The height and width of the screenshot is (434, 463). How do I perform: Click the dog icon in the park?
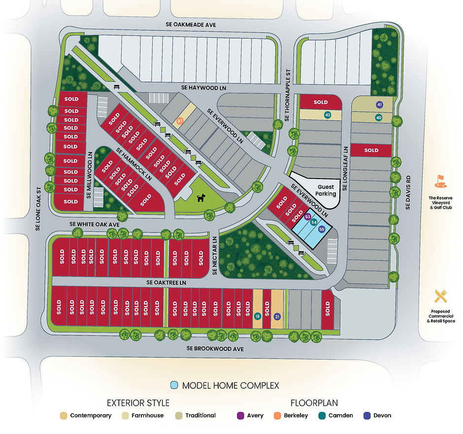(x=201, y=198)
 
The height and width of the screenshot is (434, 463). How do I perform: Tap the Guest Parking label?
(x=326, y=190)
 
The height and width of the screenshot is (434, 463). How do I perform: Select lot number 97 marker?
(x=180, y=121)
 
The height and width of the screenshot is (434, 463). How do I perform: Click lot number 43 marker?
(x=328, y=115)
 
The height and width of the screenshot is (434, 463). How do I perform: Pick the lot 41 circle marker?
(x=379, y=104)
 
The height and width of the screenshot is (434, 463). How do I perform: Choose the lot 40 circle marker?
(x=379, y=118)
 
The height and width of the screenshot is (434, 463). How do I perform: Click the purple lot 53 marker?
(x=308, y=217)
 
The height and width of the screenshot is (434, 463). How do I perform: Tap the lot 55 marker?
(x=322, y=229)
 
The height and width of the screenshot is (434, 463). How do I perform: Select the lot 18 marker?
(x=257, y=316)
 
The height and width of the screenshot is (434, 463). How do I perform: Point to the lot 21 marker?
(x=277, y=316)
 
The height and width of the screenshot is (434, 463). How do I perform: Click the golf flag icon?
(x=441, y=181)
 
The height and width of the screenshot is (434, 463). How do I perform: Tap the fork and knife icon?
(x=441, y=296)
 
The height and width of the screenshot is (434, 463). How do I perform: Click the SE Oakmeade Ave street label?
(x=191, y=25)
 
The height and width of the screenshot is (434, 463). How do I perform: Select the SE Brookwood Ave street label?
(x=215, y=348)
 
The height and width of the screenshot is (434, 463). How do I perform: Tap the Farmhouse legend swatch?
(x=125, y=415)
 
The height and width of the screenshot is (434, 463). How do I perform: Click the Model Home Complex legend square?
(x=173, y=385)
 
